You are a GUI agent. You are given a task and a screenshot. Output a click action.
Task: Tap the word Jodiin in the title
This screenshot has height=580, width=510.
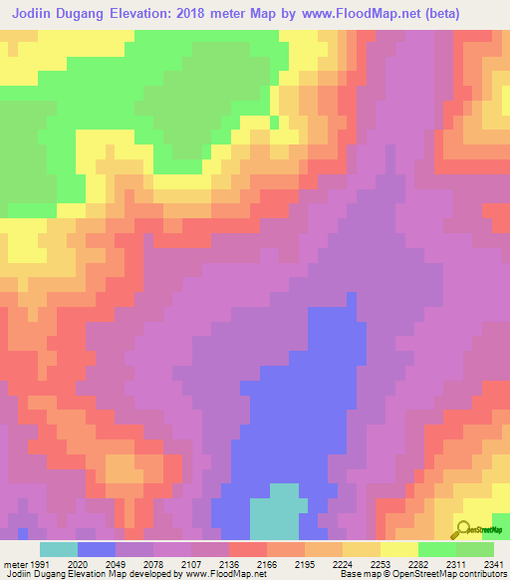tap(40, 15)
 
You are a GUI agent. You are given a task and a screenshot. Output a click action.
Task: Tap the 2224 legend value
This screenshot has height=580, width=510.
tap(319, 563)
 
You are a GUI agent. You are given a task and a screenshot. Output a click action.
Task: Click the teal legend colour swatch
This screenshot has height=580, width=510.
tap(59, 549)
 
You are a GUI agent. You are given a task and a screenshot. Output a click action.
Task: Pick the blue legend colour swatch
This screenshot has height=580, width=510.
tap(97, 549)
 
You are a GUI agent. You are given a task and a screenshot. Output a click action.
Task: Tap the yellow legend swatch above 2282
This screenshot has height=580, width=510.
tap(399, 549)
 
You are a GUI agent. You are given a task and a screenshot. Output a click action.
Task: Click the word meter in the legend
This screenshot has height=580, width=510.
tap(15, 563)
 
